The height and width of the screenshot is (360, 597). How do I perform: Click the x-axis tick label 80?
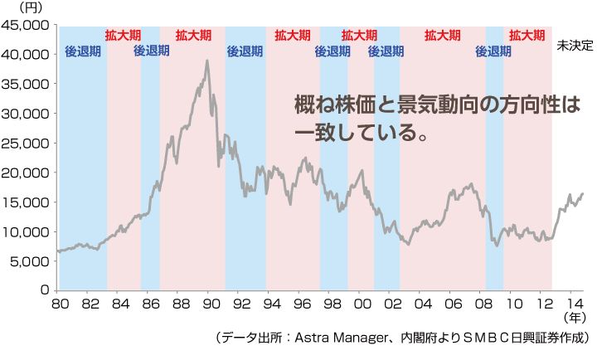pos(60,304)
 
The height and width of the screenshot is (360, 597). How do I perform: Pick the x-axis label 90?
pos(211,304)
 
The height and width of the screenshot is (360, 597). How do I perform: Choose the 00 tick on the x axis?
pos(362,304)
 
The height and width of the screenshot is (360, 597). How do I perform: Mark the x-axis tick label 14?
pos(574,304)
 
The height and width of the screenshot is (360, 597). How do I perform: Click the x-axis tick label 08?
pos(483,304)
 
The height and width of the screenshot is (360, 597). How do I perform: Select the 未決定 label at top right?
pos(574,46)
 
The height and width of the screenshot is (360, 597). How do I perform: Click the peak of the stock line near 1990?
pos(206,61)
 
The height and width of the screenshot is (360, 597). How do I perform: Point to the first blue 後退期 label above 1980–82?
pos(83,51)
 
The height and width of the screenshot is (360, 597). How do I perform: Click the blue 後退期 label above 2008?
pos(493,51)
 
